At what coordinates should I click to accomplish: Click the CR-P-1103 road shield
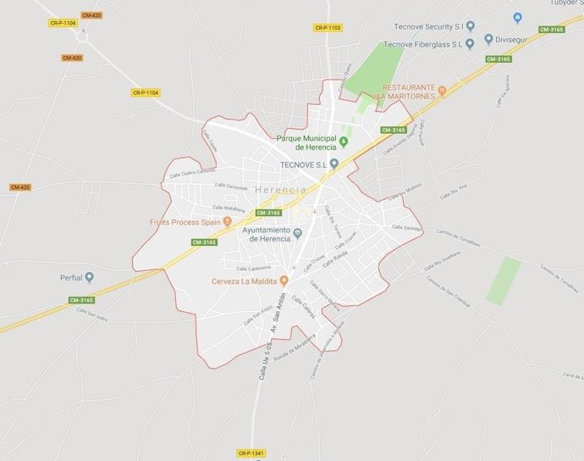click(328, 28)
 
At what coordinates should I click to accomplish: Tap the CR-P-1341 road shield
click(251, 453)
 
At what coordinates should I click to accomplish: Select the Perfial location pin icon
click(89, 277)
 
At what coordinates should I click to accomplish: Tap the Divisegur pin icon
click(488, 39)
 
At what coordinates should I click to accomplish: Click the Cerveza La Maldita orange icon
click(284, 280)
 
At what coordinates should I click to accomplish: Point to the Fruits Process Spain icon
click(227, 222)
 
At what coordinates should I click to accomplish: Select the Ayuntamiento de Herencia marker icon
click(297, 234)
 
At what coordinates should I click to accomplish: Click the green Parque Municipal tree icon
click(344, 140)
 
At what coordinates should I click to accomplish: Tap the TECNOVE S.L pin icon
click(333, 164)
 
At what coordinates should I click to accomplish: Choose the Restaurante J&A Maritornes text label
click(409, 92)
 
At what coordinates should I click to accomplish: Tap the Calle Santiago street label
click(406, 227)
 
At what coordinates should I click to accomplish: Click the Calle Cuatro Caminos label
click(188, 173)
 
